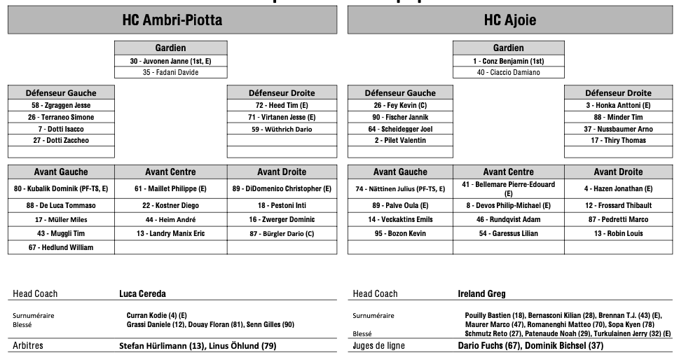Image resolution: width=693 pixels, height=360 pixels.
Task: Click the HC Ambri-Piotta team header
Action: click(x=172, y=20)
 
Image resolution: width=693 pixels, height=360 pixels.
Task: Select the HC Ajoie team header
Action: click(x=509, y=20)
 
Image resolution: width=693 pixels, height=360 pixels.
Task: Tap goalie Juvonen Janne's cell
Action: click(x=170, y=61)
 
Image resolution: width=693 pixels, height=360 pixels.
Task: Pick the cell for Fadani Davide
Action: click(x=170, y=72)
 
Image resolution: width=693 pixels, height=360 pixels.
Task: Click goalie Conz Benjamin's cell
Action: click(x=508, y=61)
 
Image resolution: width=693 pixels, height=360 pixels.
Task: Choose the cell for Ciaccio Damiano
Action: click(x=508, y=72)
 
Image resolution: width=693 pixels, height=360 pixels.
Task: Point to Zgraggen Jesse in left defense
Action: click(x=61, y=105)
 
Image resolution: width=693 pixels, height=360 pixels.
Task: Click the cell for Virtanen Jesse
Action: click(x=282, y=117)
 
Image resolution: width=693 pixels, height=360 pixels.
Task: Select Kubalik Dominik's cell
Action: click(x=61, y=188)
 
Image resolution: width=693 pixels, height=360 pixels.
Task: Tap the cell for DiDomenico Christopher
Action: click(x=282, y=188)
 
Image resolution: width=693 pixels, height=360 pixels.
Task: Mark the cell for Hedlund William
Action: click(x=61, y=247)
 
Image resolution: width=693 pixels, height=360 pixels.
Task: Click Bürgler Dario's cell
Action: click(x=282, y=233)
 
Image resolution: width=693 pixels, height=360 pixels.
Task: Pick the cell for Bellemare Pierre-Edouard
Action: click(x=509, y=188)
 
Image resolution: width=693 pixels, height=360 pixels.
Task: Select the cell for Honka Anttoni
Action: click(x=618, y=105)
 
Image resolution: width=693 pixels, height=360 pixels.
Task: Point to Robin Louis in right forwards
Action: click(x=618, y=233)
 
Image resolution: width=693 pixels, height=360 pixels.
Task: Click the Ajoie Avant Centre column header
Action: click(x=509, y=172)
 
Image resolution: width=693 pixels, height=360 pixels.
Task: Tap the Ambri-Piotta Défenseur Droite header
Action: click(x=282, y=92)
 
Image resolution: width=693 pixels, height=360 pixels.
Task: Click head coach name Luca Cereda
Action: click(x=142, y=293)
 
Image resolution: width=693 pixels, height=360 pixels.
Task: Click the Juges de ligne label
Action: click(x=378, y=346)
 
